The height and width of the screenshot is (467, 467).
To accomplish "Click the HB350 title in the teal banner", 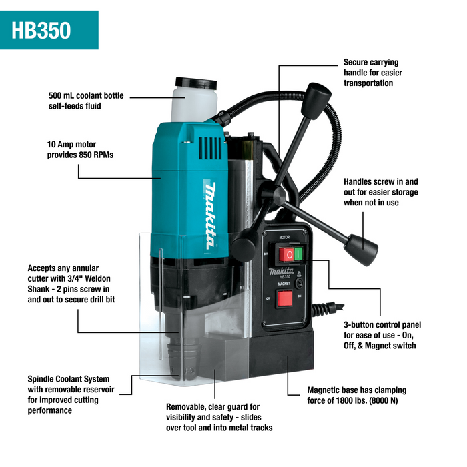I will pos(41,31).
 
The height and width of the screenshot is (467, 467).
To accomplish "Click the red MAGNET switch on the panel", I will pos(286,298).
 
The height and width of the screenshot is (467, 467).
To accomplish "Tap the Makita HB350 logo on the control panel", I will pos(285,272).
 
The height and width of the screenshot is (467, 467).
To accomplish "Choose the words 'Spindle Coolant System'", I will pos(69,379).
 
